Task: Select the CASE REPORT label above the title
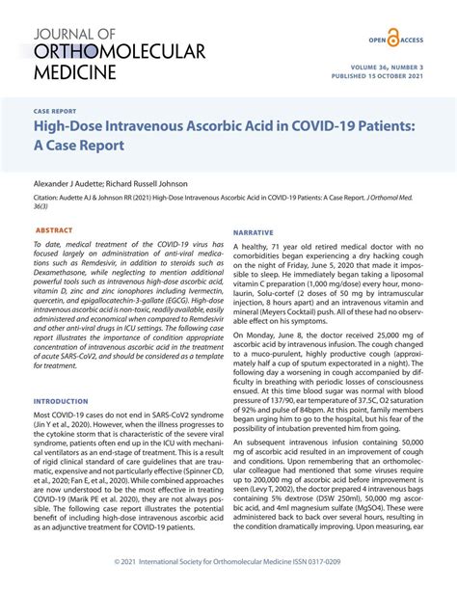(x=56, y=111)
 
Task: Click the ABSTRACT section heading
(x=54, y=231)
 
